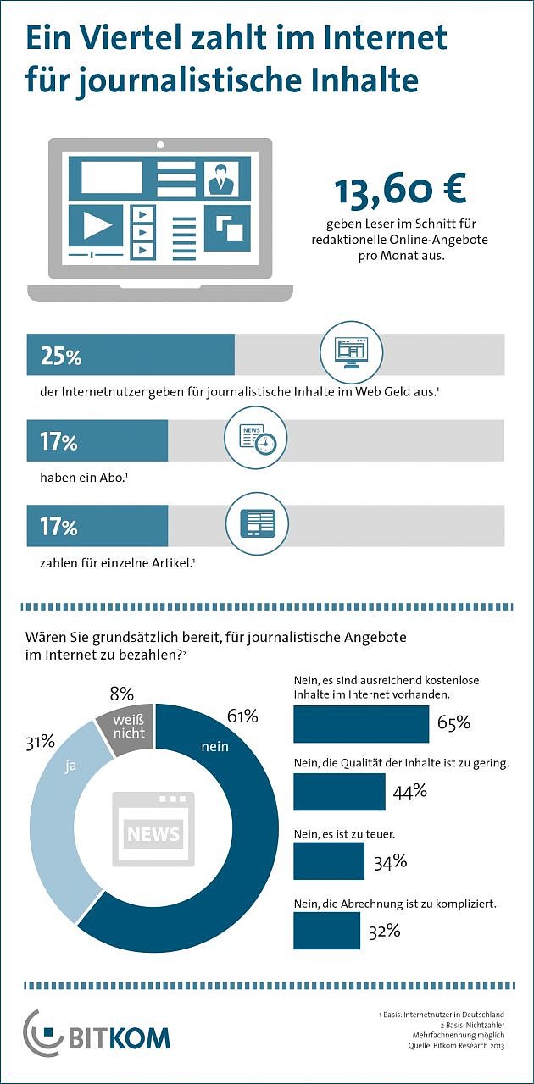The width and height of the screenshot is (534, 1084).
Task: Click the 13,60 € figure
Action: click(x=399, y=192)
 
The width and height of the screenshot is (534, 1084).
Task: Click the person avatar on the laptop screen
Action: click(x=222, y=179)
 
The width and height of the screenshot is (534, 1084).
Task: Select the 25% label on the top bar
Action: click(x=61, y=357)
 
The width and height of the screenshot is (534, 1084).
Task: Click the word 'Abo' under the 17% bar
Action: click(x=112, y=478)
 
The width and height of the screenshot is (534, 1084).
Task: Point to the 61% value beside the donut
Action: click(x=242, y=716)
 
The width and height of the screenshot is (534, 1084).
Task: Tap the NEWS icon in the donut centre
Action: click(x=153, y=830)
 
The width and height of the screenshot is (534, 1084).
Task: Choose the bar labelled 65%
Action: click(x=361, y=724)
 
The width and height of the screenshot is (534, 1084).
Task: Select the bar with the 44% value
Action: click(x=339, y=792)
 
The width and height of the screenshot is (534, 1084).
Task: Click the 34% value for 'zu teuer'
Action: click(x=391, y=862)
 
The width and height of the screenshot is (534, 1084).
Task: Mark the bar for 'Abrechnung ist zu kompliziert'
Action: click(x=326, y=931)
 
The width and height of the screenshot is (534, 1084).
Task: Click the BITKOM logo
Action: click(x=97, y=1034)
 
